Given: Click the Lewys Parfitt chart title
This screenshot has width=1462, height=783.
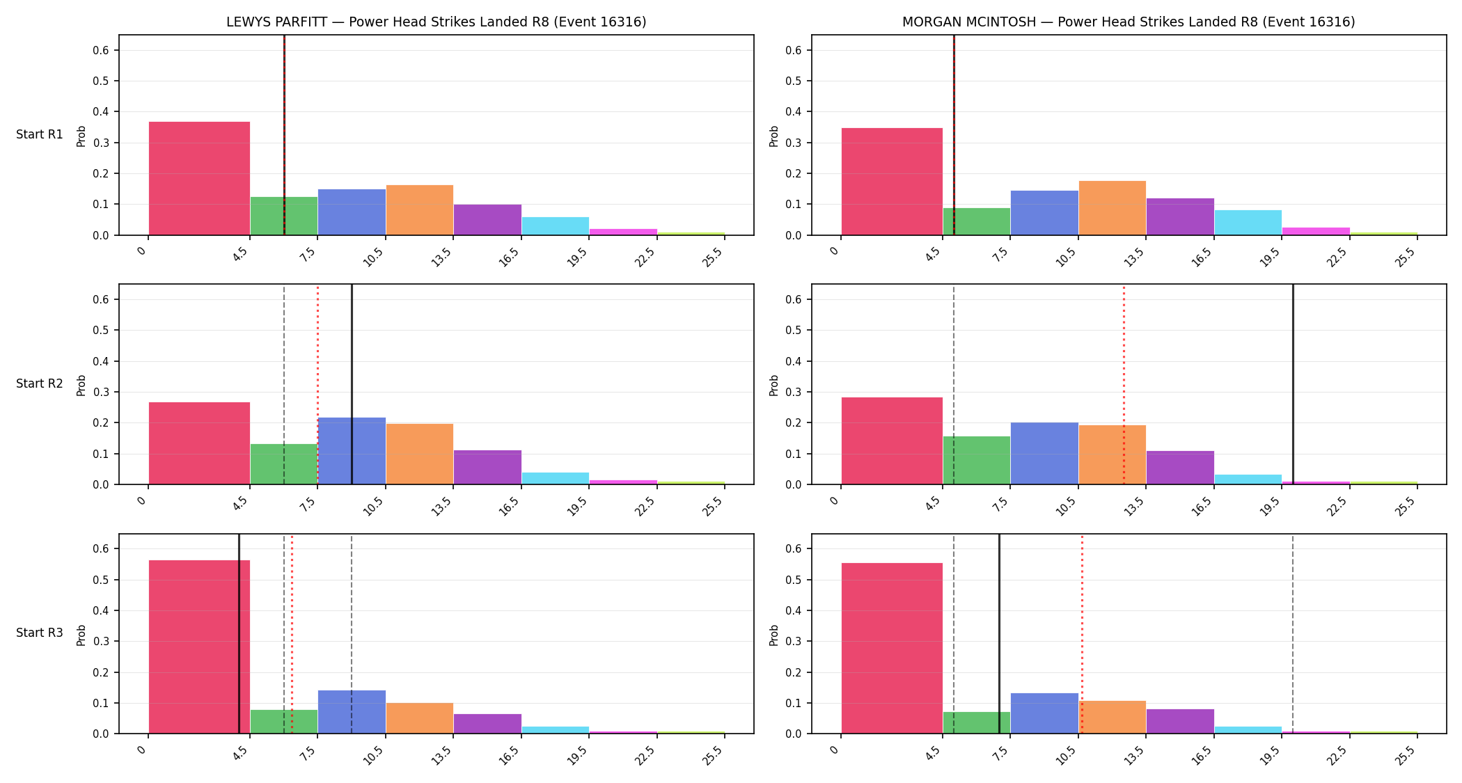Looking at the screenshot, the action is pos(436,22).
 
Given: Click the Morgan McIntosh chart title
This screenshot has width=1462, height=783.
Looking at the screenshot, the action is pos(1129,22).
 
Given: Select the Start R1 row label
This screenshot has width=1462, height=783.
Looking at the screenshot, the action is pos(40,134).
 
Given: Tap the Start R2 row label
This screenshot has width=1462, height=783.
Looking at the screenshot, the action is pos(40,383).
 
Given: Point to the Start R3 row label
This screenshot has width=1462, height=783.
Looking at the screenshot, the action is pos(40,633).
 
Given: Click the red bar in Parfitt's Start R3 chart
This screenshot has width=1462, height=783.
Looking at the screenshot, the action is pos(199,647).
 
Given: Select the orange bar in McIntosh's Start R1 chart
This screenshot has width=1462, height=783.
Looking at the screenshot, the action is pos(1112,208).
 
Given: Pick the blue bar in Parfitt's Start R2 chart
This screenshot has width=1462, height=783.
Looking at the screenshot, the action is pos(352,451).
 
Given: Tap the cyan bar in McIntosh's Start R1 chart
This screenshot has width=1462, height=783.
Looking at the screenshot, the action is pos(1248,223).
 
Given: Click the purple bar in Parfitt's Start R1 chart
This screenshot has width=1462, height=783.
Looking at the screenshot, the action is pos(487,220).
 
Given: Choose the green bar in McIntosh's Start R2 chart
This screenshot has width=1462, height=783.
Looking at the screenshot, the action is pos(976,460).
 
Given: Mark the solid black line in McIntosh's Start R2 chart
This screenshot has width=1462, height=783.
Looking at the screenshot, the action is pos(1293,384).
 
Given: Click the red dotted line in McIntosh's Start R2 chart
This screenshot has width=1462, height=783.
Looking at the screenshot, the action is pos(1124,384).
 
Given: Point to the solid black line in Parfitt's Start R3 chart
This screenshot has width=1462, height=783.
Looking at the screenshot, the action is pos(239,633).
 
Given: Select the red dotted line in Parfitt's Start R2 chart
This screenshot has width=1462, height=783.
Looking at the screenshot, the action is pos(318,384).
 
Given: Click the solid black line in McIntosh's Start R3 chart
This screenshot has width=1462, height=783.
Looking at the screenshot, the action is pos(999,633).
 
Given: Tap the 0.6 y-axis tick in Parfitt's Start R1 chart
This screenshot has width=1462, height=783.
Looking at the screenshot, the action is pos(101,50).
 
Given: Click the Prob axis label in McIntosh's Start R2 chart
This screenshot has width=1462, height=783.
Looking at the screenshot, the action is pos(774,385).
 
